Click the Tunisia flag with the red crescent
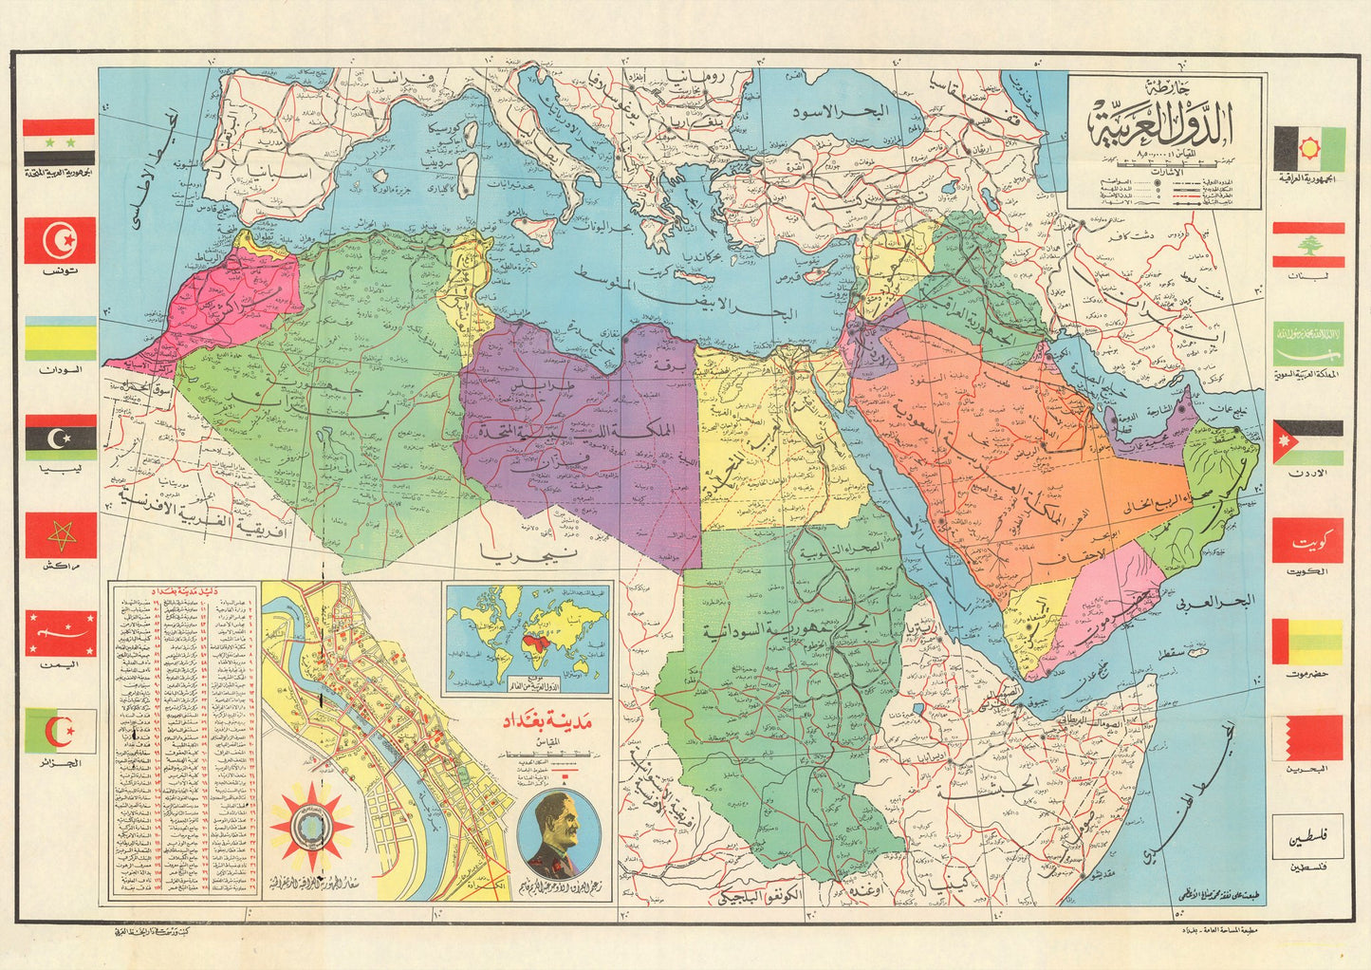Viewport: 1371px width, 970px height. pos(60,240)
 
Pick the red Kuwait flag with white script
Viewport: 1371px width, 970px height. pos(1308,540)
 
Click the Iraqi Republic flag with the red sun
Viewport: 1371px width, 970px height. pos(1308,148)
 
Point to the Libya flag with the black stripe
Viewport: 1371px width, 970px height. pos(60,438)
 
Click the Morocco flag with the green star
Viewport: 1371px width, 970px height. pos(60,535)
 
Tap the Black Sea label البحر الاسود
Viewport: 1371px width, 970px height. pos(843,112)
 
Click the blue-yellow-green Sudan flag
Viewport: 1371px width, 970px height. pos(60,339)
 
